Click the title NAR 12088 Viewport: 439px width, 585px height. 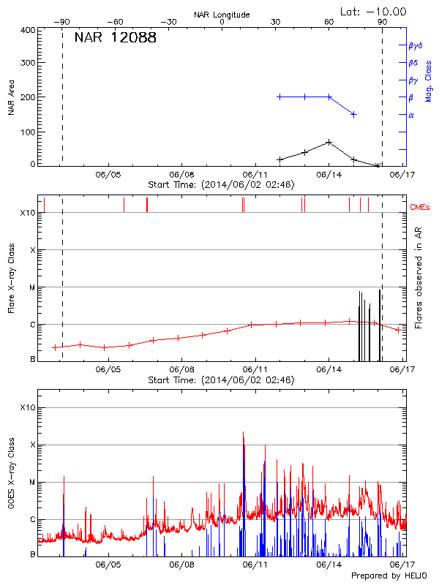(x=115, y=39)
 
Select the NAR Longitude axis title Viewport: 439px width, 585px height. (x=222, y=14)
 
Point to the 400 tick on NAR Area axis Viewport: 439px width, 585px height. (x=29, y=30)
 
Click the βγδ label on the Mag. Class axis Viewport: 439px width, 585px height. (x=416, y=45)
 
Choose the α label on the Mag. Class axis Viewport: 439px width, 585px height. (x=411, y=115)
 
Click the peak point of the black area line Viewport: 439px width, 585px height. (x=329, y=142)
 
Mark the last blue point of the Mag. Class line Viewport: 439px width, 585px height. (x=354, y=114)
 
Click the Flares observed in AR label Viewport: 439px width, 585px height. (x=419, y=279)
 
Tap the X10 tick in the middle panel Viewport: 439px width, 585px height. (x=28, y=213)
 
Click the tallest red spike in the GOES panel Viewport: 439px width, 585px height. (x=244, y=433)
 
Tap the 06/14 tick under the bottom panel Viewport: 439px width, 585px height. (x=329, y=565)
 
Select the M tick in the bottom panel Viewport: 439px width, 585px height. (x=32, y=483)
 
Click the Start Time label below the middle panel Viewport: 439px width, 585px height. (x=221, y=380)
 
